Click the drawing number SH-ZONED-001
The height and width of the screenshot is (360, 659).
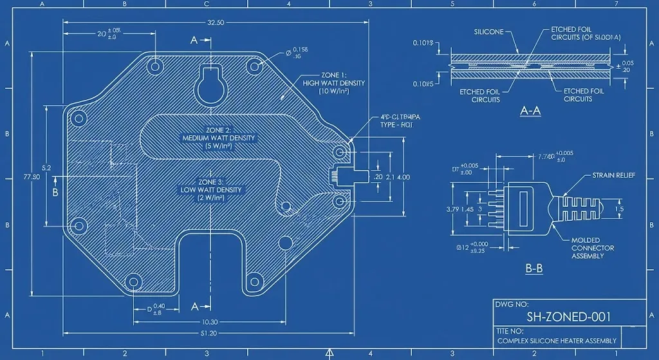click(568, 316)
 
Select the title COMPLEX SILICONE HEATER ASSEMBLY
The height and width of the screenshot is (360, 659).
click(557, 341)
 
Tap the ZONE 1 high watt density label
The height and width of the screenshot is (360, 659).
click(333, 83)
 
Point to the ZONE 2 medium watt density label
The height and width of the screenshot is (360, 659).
click(219, 138)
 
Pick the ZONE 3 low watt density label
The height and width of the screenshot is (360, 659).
click(211, 190)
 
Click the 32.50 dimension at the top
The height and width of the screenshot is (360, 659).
click(216, 23)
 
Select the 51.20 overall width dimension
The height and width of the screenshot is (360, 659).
click(209, 334)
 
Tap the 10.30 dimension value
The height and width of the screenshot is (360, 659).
click(210, 321)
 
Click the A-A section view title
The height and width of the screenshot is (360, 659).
click(530, 111)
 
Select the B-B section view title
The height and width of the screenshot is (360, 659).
click(534, 269)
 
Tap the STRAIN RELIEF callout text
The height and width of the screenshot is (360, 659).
click(613, 175)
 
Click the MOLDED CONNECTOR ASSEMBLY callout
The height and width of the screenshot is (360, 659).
click(593, 248)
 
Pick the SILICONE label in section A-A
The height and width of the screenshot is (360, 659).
click(489, 32)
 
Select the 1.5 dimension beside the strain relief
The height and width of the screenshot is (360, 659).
click(619, 209)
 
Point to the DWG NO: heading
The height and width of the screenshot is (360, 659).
click(512, 303)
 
